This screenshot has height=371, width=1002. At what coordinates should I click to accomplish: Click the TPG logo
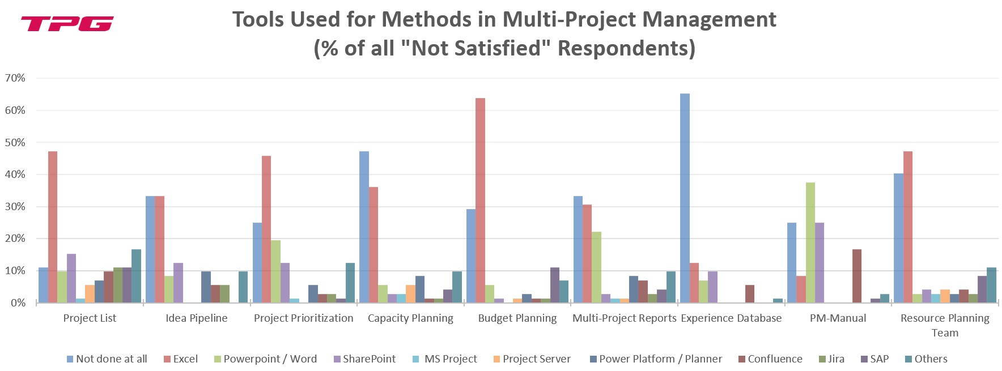(67, 24)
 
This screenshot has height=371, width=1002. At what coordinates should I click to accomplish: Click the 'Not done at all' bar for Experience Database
(685, 198)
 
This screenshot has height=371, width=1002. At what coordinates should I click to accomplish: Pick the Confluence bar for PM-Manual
(857, 276)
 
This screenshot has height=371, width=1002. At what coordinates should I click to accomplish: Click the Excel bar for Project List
(53, 227)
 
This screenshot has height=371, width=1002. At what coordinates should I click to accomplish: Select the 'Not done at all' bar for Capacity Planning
(364, 227)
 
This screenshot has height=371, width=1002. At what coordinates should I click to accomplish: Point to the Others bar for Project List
(136, 276)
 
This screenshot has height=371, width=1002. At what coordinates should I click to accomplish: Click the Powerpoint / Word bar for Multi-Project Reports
(596, 267)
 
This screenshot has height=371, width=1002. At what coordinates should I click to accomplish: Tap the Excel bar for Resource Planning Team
(907, 227)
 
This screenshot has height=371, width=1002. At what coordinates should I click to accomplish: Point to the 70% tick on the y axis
(15, 78)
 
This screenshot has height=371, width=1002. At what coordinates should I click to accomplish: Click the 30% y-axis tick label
(15, 207)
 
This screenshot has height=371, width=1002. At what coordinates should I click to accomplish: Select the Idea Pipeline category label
(196, 318)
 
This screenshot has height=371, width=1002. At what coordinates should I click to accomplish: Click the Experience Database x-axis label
(731, 318)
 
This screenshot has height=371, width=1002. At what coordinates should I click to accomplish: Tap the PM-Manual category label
(838, 318)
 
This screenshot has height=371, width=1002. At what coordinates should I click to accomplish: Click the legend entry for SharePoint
(368, 359)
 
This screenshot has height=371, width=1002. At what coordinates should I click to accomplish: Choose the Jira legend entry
(836, 359)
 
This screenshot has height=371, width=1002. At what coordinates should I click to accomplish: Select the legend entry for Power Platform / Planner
(660, 359)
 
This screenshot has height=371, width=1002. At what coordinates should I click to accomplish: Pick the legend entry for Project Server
(536, 359)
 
